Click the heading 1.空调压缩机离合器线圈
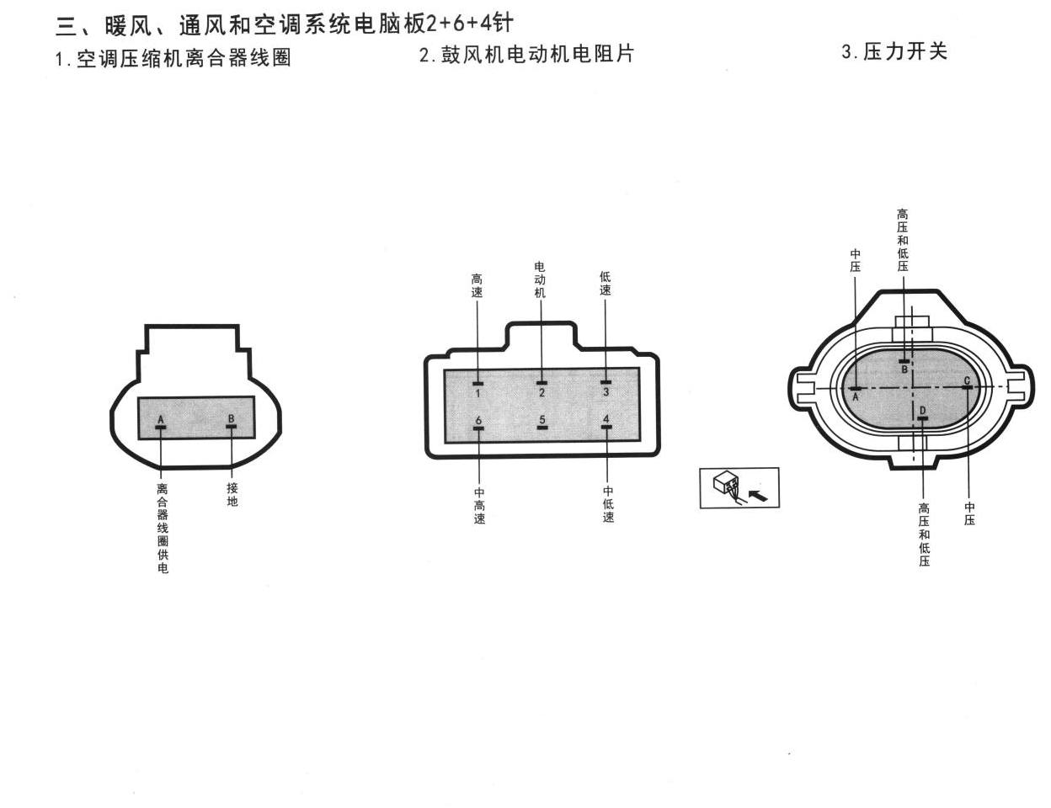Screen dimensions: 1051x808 (x=173, y=59)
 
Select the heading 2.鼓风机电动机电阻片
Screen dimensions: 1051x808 (x=526, y=54)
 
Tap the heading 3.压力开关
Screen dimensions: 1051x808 (x=894, y=51)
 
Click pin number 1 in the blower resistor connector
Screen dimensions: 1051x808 (x=477, y=393)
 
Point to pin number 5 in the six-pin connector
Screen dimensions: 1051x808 (x=542, y=419)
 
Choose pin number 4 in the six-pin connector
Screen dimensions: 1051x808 (x=606, y=419)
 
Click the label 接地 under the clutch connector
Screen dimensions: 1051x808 (x=232, y=494)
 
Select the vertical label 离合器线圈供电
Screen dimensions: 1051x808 (x=163, y=529)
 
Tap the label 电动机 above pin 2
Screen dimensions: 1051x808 (x=540, y=279)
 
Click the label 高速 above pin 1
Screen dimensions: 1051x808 (x=477, y=285)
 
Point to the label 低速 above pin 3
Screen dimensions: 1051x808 (x=605, y=283)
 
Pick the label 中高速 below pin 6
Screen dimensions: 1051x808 (x=479, y=506)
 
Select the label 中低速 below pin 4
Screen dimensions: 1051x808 (x=608, y=504)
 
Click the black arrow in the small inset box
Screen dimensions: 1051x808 (x=758, y=494)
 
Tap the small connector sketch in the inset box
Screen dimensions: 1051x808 (x=726, y=486)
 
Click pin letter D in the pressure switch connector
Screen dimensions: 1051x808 (x=923, y=410)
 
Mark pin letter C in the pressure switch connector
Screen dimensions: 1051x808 (x=967, y=380)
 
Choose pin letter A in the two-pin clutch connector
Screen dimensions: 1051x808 (x=161, y=419)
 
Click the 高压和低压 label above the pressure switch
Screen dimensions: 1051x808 (x=903, y=240)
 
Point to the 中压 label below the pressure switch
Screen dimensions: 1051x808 (x=969, y=513)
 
